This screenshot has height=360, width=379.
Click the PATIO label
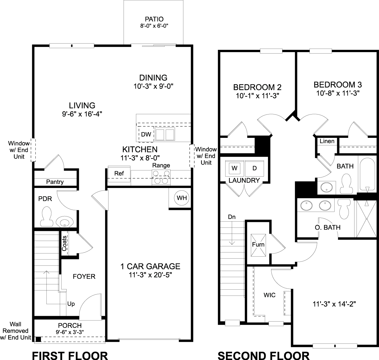coord(154,19)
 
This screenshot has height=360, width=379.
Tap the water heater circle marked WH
coord(182,198)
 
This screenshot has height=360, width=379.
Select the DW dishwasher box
coord(146,134)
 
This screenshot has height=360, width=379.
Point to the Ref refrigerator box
coord(119,173)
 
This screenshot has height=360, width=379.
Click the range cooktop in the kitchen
coord(161,177)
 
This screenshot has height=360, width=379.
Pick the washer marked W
coord(234,168)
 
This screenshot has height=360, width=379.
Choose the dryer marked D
coord(255,168)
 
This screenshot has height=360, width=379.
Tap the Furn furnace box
coord(258,245)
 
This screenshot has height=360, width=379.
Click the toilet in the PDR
coord(46,216)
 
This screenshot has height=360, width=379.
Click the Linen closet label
coord(327,141)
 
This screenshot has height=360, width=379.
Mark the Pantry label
coord(55,182)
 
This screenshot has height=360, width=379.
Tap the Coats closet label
coord(65,244)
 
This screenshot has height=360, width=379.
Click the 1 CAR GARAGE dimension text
coord(150,275)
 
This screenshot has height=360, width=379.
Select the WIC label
coord(269,295)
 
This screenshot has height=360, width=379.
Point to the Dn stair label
coord(232,217)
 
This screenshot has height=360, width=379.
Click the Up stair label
coord(71,304)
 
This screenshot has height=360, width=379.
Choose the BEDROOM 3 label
coord(338,85)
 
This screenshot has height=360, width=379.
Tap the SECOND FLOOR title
coord(263,356)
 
